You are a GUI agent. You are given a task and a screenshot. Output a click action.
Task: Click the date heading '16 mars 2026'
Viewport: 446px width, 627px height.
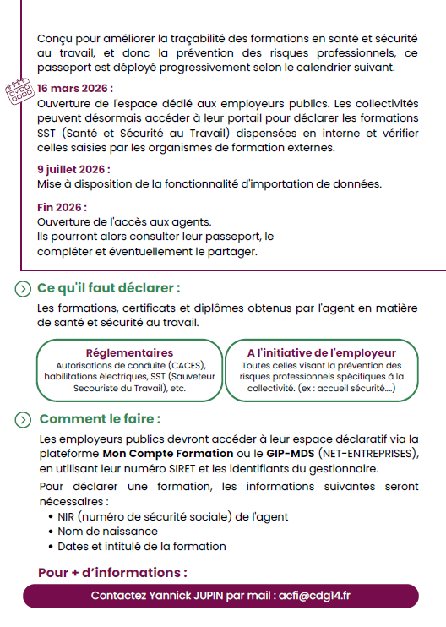point(74,88)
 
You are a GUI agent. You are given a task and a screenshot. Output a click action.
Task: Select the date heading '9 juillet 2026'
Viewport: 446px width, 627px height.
point(73,169)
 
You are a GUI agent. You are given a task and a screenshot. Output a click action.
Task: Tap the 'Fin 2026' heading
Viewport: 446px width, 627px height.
point(62,207)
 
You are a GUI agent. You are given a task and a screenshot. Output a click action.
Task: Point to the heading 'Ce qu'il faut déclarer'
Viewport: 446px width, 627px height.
point(109,288)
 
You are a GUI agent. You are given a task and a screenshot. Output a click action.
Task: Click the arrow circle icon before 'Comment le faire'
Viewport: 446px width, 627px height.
point(24,419)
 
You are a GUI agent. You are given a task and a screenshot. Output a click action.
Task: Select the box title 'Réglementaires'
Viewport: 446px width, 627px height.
point(130,352)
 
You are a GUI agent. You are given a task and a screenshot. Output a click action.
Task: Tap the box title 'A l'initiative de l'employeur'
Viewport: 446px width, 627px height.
point(321,352)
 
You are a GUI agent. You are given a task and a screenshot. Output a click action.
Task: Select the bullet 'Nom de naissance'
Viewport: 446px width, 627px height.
point(107,531)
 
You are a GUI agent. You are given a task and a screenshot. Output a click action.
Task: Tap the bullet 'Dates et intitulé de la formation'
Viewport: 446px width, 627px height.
point(142,546)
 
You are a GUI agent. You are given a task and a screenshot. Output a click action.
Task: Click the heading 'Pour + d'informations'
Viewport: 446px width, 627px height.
point(112,572)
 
